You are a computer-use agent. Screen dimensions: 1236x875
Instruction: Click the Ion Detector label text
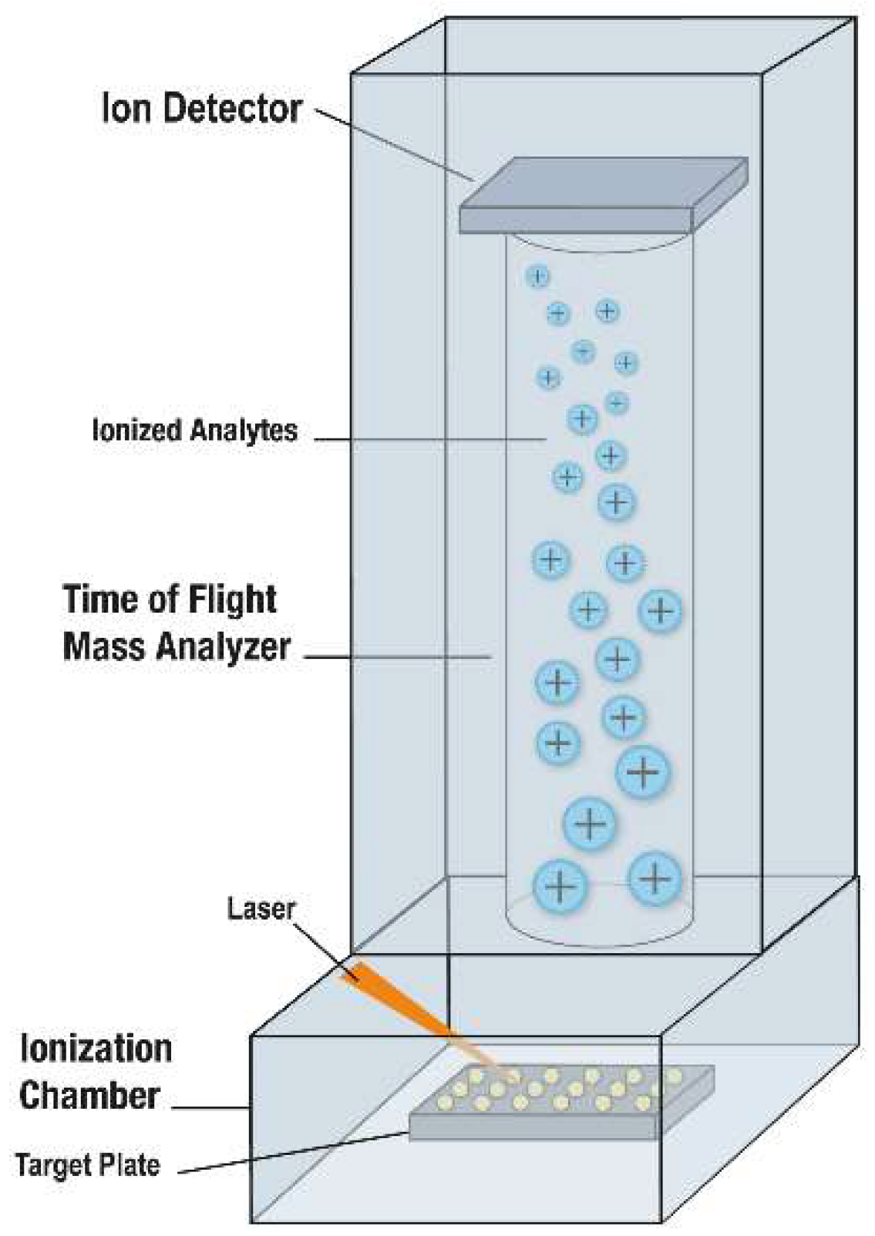201,109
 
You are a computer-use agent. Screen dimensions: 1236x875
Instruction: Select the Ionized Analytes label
194,430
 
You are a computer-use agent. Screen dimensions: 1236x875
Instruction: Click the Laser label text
261,909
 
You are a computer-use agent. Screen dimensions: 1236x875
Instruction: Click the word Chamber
89,1095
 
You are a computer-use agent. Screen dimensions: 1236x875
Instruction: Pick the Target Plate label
87,1164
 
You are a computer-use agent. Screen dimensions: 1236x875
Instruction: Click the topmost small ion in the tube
538,276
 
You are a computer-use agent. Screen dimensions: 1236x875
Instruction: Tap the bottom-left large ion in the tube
560,886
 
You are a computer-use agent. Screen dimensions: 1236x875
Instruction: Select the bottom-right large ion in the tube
655,877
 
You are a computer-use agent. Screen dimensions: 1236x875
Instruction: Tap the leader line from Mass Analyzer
397,657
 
